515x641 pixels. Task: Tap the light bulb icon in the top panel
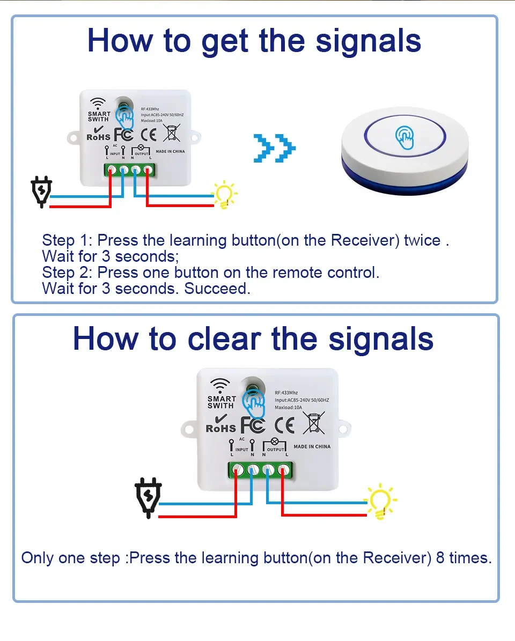click(x=224, y=194)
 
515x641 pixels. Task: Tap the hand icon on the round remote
click(x=405, y=138)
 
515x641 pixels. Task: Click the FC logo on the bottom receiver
click(x=253, y=425)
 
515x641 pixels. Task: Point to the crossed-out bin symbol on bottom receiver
click(x=314, y=423)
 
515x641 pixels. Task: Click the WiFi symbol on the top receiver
click(x=98, y=103)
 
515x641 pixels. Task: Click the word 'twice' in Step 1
click(x=422, y=240)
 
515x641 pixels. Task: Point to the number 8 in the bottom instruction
click(x=440, y=558)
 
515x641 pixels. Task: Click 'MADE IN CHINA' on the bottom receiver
click(x=312, y=446)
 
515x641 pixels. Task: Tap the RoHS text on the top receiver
click(x=98, y=137)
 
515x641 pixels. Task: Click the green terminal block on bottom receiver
click(x=261, y=470)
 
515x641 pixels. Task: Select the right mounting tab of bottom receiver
click(x=344, y=428)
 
